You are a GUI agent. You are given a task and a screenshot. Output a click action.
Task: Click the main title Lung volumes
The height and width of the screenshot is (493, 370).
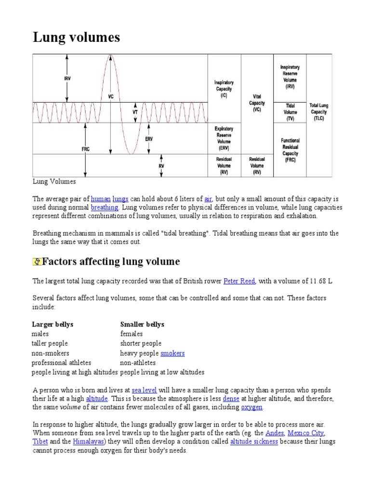(x=76, y=37)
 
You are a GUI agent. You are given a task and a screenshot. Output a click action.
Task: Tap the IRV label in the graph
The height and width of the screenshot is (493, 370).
(x=67, y=78)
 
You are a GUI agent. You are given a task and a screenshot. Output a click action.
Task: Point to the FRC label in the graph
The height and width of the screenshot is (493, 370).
(x=85, y=149)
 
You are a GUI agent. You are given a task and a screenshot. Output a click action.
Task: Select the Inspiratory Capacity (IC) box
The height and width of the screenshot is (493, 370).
(x=224, y=89)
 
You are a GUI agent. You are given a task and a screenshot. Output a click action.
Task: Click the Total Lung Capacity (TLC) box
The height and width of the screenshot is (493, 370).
(x=319, y=111)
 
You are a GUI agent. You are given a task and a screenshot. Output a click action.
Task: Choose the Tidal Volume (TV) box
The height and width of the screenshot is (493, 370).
(x=290, y=111)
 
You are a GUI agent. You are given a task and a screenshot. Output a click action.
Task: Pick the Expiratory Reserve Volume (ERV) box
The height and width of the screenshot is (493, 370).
(x=224, y=139)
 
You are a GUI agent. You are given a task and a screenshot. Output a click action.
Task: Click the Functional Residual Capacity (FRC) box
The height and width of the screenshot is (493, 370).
(x=290, y=150)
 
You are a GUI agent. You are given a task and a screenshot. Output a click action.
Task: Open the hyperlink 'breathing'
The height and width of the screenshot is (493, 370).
(x=105, y=208)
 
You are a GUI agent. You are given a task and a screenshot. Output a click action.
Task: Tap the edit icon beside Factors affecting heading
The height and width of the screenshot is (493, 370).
(x=37, y=262)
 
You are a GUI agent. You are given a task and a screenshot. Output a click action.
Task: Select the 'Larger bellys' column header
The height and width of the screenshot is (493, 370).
(x=53, y=324)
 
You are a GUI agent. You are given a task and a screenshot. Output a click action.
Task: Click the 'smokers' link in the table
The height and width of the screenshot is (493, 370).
(x=172, y=353)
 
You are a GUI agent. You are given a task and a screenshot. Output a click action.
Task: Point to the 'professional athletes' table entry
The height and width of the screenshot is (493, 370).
(x=61, y=363)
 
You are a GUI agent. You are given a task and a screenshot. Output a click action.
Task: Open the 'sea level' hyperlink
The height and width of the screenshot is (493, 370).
(x=144, y=389)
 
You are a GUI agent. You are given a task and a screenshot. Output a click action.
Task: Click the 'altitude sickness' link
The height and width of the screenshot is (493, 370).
(x=254, y=441)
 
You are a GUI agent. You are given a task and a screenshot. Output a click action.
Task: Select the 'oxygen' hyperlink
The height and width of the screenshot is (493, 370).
(x=252, y=407)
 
